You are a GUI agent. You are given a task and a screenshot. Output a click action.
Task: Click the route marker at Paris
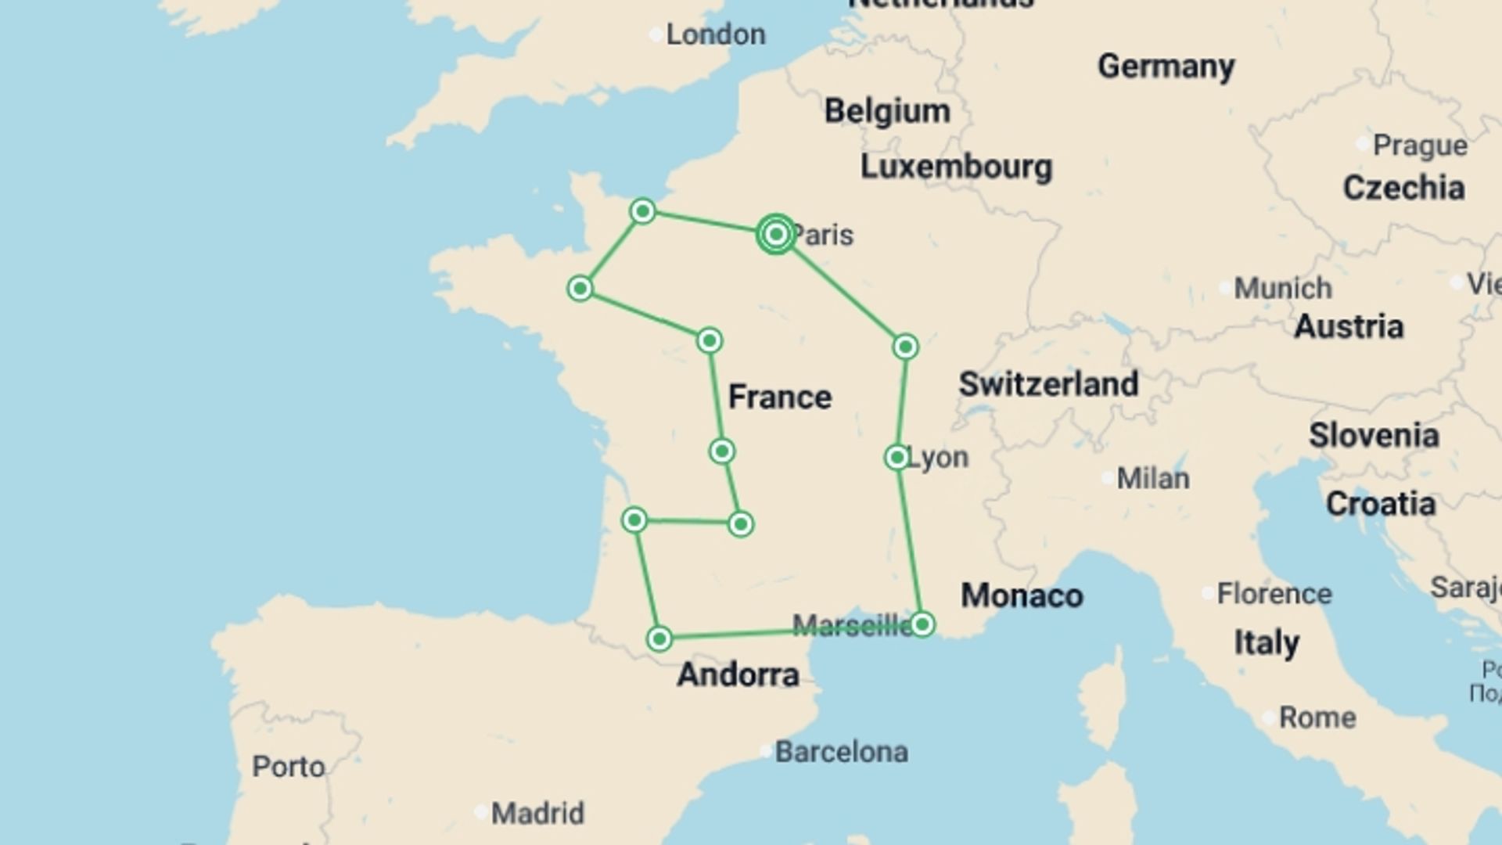coord(776,234)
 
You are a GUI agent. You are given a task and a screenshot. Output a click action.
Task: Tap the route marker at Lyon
coord(897,457)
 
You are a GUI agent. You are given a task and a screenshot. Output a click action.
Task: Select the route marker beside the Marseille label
coord(922,624)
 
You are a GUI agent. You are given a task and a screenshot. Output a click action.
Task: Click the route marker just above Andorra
coord(659,639)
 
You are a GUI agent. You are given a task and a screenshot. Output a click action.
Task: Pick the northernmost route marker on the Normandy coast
coord(642,211)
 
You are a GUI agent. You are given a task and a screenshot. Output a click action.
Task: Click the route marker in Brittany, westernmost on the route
coord(580,289)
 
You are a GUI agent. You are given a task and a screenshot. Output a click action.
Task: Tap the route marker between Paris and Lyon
coord(905,347)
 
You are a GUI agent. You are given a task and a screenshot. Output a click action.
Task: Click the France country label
coord(779,397)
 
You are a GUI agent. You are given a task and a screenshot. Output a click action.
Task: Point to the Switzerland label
coord(1048,384)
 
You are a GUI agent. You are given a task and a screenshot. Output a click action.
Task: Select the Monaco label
coord(1022,595)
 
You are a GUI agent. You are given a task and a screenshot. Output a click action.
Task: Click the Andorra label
coord(738,674)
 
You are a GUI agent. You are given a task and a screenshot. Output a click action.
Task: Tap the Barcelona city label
coord(841,752)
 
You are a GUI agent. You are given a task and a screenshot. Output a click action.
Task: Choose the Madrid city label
coord(537,813)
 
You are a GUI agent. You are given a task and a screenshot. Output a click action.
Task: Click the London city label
coord(715,34)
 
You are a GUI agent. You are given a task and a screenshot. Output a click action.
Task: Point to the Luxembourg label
coord(956,167)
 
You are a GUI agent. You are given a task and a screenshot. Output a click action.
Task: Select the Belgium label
coord(887,111)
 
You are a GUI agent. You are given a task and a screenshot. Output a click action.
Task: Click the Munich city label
coord(1282,288)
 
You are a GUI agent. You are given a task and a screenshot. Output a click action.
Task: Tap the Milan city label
coord(1152,478)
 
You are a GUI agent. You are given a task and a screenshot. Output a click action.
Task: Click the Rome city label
coord(1317,717)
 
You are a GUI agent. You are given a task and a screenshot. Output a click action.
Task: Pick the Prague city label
coord(1420,145)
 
